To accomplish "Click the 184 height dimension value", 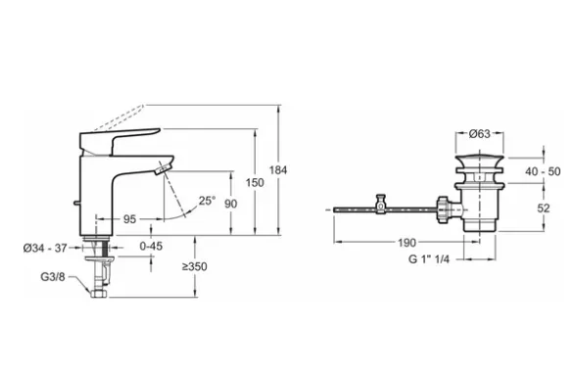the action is click(278, 170).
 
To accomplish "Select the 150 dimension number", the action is click(255, 182).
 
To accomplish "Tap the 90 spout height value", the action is click(230, 204).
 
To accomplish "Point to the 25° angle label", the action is click(208, 201).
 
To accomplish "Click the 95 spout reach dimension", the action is click(129, 219).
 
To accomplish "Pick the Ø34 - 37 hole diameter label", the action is click(45, 248).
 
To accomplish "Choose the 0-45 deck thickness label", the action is click(151, 246).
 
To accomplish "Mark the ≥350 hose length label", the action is click(194, 266).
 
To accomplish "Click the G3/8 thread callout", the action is click(53, 277).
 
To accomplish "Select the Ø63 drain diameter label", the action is click(479, 134).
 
